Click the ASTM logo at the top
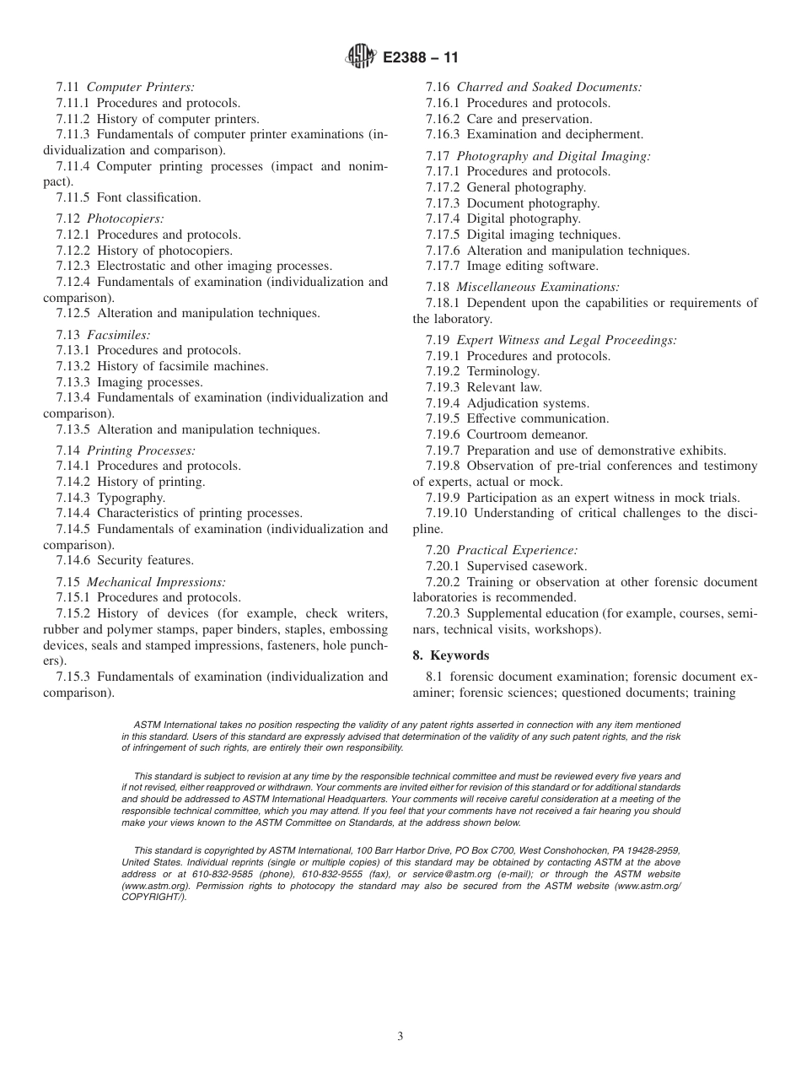(x=360, y=57)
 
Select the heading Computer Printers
(x=141, y=87)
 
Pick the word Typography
(x=131, y=497)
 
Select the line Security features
(x=145, y=560)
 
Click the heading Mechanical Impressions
(x=156, y=582)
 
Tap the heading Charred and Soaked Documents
(x=549, y=87)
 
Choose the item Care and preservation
(x=530, y=119)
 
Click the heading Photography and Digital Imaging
(x=553, y=156)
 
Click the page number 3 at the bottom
(x=400, y=1036)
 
